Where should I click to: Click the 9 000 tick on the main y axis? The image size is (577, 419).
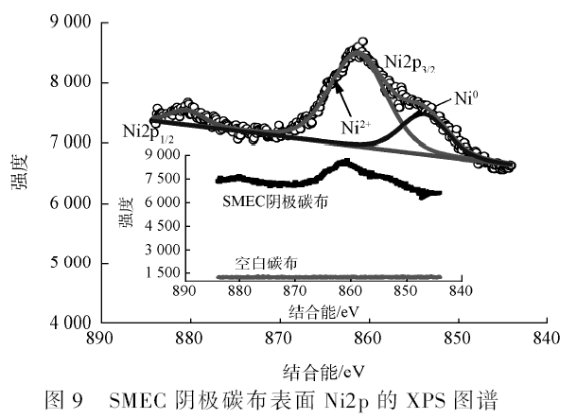[x=64, y=23]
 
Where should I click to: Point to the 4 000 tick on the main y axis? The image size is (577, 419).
[x=64, y=323]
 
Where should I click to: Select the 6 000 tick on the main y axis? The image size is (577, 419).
[x=64, y=203]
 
